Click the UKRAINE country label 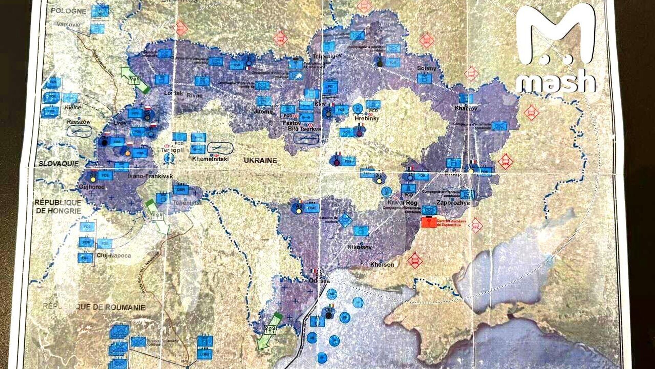pos(260,161)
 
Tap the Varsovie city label pos(69,24)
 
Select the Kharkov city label pos(466,108)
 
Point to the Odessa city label pos(319,281)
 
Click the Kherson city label pos(382,264)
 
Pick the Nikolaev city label pos(360,247)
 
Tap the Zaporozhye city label pos(453,203)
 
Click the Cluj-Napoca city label pos(114,255)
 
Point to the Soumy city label pos(426,68)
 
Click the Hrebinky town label pos(367,118)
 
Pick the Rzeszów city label pos(79,122)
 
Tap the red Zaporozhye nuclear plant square pos(429,222)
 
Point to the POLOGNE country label pos(69,11)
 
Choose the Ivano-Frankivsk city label pos(150,176)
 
